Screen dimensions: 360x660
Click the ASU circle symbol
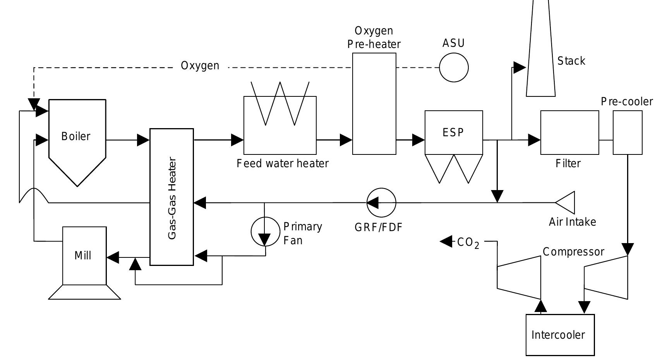[x=454, y=68]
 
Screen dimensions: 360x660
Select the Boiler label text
[x=76, y=136]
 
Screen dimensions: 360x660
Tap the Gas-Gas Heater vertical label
[x=172, y=198]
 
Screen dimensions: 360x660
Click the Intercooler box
[x=560, y=335]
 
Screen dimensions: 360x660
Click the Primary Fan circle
[x=265, y=232]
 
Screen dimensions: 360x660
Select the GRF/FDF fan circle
[x=381, y=202]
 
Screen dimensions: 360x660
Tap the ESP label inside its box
[x=453, y=133]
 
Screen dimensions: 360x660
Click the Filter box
[x=569, y=133]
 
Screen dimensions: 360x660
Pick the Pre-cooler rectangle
[x=627, y=133]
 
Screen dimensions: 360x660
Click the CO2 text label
[x=468, y=243]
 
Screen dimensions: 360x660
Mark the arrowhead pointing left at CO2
[x=446, y=242]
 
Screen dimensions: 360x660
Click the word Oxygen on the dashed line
[x=200, y=66]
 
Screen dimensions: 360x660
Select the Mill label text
[x=83, y=255]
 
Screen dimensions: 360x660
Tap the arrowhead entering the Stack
[x=519, y=68]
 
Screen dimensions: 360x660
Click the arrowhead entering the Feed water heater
[x=237, y=140]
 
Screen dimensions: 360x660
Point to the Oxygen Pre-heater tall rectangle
[x=374, y=104]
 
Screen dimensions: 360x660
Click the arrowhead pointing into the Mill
[x=113, y=257]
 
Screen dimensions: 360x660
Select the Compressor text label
[x=573, y=252]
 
